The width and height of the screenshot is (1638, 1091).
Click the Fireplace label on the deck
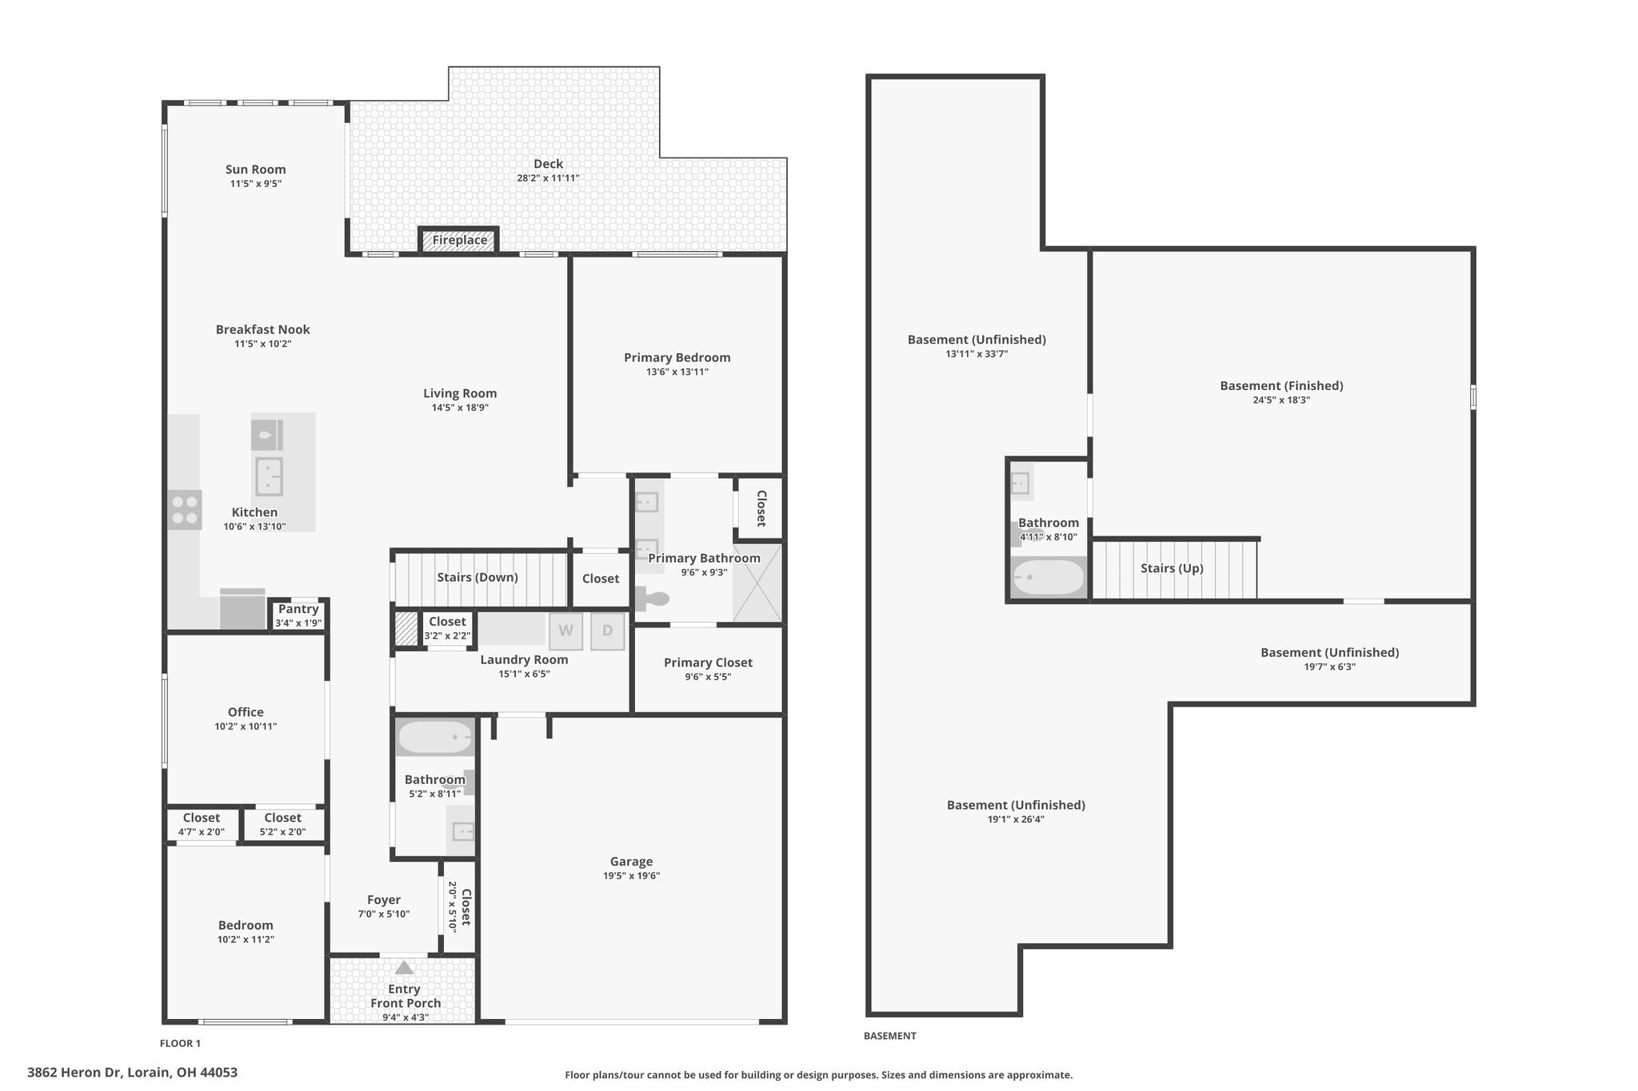[460, 240]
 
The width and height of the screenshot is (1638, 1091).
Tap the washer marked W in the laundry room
[565, 631]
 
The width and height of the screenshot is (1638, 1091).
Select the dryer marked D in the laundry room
[608, 631]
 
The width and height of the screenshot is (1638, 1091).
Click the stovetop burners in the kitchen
[185, 510]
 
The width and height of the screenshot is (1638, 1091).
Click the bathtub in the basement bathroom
[1048, 576]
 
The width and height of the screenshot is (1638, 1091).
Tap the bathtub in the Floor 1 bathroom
[435, 737]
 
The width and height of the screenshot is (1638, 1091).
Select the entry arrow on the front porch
[404, 968]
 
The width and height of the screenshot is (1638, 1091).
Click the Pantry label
[298, 609]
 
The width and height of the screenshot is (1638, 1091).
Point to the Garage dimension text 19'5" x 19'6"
[631, 876]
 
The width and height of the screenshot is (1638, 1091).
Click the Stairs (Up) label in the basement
[1172, 568]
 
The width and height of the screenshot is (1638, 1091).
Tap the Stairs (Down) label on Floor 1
[477, 577]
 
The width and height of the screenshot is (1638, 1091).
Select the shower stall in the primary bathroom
[757, 583]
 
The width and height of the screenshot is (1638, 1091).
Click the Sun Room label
[255, 169]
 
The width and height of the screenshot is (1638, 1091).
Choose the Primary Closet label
[708, 663]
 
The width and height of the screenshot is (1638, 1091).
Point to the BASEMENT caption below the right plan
[889, 1036]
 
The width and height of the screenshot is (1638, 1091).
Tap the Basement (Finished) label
[1281, 386]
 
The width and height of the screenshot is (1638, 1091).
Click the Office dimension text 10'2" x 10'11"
[246, 727]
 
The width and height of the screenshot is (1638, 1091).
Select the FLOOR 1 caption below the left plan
[180, 1043]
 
